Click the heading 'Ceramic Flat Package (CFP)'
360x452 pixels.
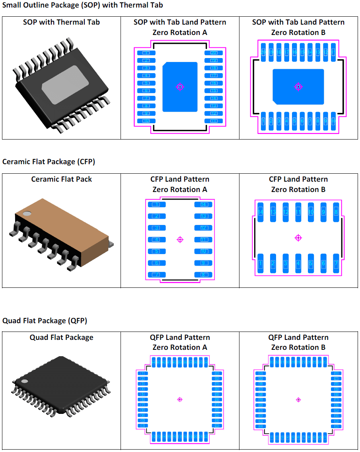click(49, 162)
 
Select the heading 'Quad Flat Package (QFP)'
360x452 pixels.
click(45, 320)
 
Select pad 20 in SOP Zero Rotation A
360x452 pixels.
click(214, 53)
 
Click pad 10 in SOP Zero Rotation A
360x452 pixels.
click(146, 121)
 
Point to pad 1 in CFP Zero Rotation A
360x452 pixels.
click(156, 205)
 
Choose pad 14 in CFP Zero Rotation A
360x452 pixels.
click(203, 205)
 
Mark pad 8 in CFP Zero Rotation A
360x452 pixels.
click(203, 275)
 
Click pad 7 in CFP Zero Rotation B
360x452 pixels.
click(336, 264)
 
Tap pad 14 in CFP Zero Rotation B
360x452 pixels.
click(261, 212)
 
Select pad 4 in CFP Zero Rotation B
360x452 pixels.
click(298, 264)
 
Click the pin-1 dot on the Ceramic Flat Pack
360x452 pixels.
click(27, 213)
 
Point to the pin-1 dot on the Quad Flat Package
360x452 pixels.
click(25, 381)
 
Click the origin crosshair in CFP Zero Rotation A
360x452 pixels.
click(180, 239)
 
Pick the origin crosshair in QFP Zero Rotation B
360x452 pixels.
click(298, 400)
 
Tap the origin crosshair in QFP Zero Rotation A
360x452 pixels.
click(180, 399)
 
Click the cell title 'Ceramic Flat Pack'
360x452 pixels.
click(62, 179)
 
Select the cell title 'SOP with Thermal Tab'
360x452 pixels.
click(61, 22)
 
